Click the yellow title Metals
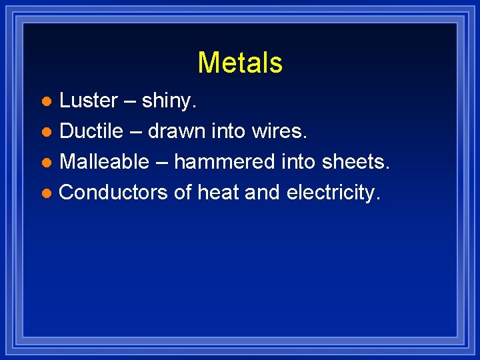tap(240, 63)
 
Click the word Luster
tap(89, 101)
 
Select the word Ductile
tap(91, 131)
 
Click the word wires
tap(280, 131)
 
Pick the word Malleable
tap(104, 162)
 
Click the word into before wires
tap(229, 131)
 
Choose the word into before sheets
tap(299, 162)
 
